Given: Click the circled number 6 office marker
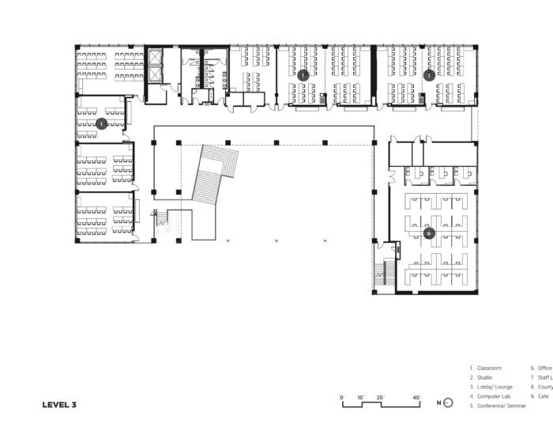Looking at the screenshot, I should (429, 234).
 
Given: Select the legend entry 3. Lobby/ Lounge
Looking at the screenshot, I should (490, 387).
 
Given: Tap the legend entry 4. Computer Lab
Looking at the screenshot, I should (490, 396).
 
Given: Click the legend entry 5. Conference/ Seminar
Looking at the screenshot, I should (498, 406).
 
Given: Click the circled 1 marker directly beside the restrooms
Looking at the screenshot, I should (303, 75).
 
